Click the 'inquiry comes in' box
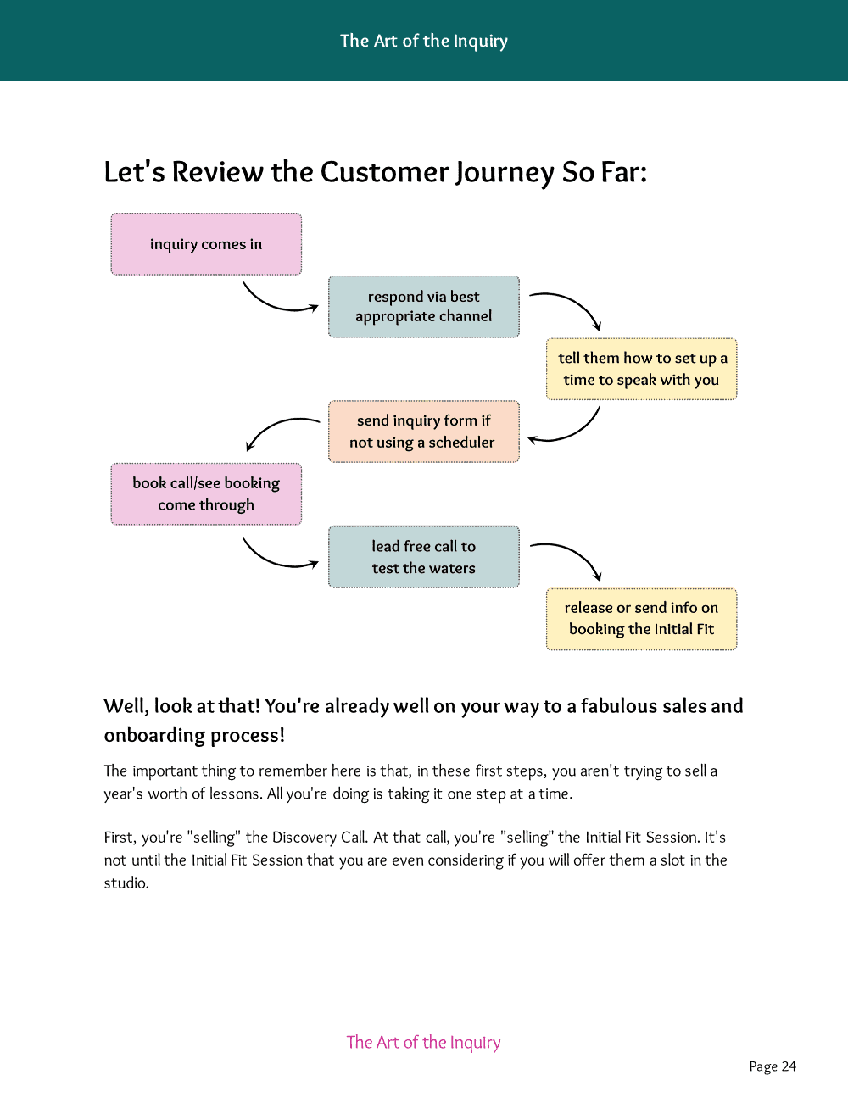point(206,244)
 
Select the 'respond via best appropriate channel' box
point(423,306)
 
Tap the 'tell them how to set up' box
point(642,369)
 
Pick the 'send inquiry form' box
point(423,432)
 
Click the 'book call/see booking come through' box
point(206,493)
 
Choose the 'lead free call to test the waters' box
point(423,557)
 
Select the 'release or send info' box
point(642,619)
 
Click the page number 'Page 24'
point(773,1066)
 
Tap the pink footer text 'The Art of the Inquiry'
point(423,1042)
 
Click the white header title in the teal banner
point(423,41)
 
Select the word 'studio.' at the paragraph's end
point(126,883)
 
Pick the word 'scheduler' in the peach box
point(461,443)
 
